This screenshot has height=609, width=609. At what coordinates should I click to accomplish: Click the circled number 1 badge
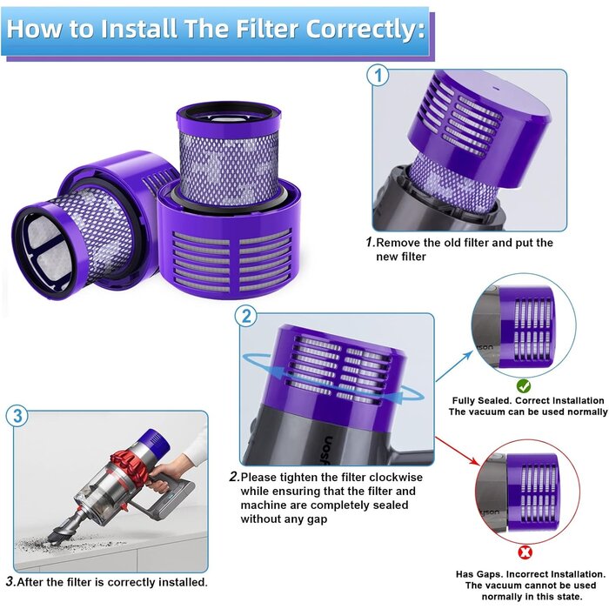[378, 77]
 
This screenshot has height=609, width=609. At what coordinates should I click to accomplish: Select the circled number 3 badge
[18, 415]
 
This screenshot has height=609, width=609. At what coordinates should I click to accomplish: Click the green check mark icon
[524, 385]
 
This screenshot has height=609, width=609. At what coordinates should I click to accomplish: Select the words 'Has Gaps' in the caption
[478, 574]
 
